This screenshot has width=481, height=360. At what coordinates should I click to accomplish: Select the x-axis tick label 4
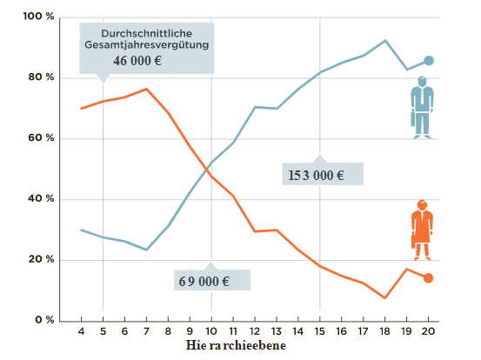pyautogui.click(x=81, y=332)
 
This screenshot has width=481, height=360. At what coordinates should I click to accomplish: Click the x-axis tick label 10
pyautogui.click(x=211, y=332)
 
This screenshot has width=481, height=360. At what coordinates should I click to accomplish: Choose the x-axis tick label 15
pyautogui.click(x=320, y=332)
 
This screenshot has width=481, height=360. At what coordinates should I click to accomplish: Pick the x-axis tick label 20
pyautogui.click(x=428, y=332)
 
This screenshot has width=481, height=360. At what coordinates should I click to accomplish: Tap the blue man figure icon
pyautogui.click(x=422, y=107)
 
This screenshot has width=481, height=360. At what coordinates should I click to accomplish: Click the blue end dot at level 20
pyautogui.click(x=428, y=61)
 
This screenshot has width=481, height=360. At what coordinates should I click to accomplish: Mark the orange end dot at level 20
pyautogui.click(x=428, y=278)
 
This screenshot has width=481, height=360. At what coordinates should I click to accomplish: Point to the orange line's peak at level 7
pyautogui.click(x=146, y=89)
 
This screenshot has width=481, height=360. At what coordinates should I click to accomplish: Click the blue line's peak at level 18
pyautogui.click(x=385, y=40)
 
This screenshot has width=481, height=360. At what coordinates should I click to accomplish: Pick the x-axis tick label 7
pyautogui.click(x=146, y=332)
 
